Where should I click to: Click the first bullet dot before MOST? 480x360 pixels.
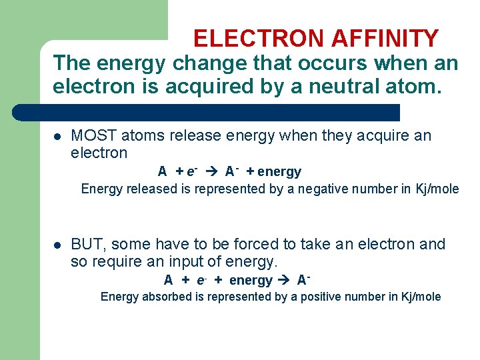click(x=57, y=137)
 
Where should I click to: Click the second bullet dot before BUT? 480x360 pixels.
click(x=57, y=245)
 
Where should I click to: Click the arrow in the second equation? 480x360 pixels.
click(x=283, y=280)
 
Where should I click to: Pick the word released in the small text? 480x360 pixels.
click(x=150, y=189)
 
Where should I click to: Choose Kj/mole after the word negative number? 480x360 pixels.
click(x=436, y=189)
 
